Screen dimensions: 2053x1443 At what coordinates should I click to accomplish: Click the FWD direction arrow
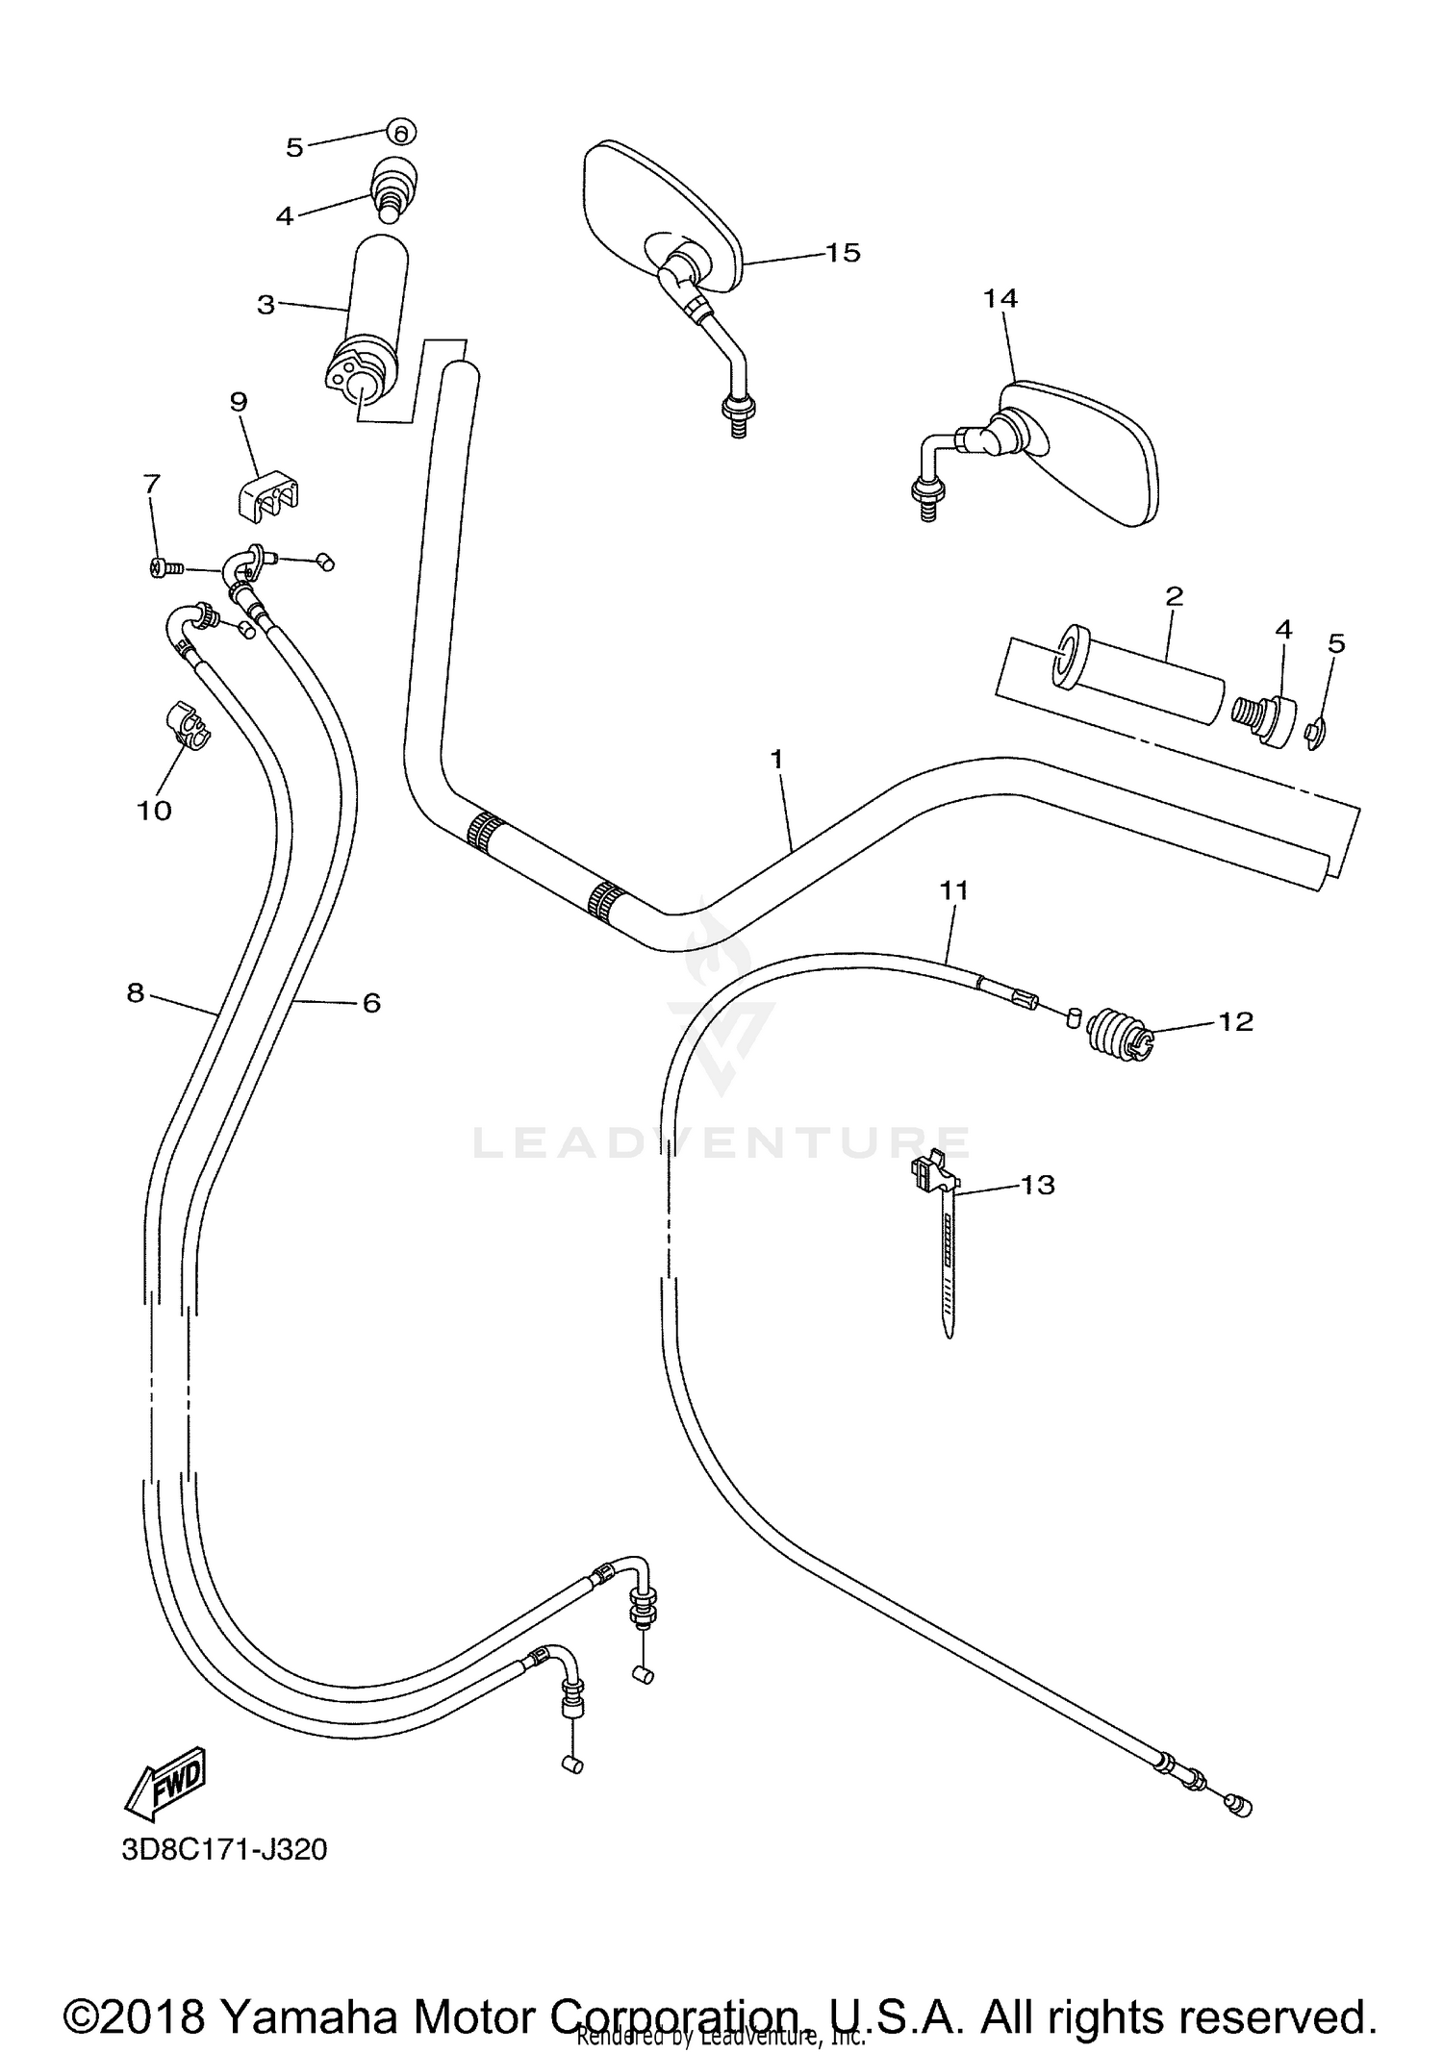coord(165,1782)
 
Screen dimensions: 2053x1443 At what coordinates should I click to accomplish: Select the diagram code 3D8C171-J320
coord(224,1849)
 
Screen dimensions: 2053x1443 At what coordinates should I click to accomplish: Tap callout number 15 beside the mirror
coord(842,253)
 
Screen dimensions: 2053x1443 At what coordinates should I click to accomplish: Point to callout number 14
coord(1000,299)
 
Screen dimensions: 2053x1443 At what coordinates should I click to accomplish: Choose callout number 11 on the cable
coord(953,891)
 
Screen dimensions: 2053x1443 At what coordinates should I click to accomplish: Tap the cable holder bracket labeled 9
coord(266,495)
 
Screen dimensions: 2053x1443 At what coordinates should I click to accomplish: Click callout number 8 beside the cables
coord(136,992)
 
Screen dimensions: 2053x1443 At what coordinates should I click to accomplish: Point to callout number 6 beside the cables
coord(371,1003)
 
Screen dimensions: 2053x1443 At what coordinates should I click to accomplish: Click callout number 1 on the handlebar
coord(776,760)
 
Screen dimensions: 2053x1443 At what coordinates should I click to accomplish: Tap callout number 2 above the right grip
coord(1174,596)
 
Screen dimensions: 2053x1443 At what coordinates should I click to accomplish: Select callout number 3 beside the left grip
coord(266,305)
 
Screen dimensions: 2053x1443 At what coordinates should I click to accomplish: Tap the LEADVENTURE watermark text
coord(721,1142)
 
